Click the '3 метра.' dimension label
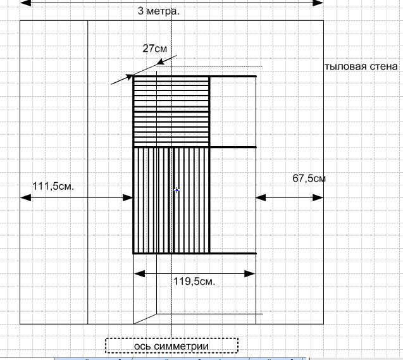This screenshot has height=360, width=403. tap(158, 11)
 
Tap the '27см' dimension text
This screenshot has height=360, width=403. tap(154, 48)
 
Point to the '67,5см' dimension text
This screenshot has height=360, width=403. tap(309, 178)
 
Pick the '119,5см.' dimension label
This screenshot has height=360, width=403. tap(194, 282)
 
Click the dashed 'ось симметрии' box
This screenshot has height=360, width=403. tap(171, 345)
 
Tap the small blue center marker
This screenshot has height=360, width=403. tap(177, 190)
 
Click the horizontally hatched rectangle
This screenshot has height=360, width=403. tap(171, 111)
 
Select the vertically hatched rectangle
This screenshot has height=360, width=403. tap(171, 200)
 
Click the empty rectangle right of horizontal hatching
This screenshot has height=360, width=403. tap(232, 111)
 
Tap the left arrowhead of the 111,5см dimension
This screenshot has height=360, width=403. tap(25, 198)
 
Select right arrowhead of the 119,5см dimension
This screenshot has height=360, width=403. tap(250, 274)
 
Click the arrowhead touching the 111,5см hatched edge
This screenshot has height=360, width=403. tap(128, 198)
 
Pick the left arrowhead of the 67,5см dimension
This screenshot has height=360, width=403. tap(261, 198)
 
